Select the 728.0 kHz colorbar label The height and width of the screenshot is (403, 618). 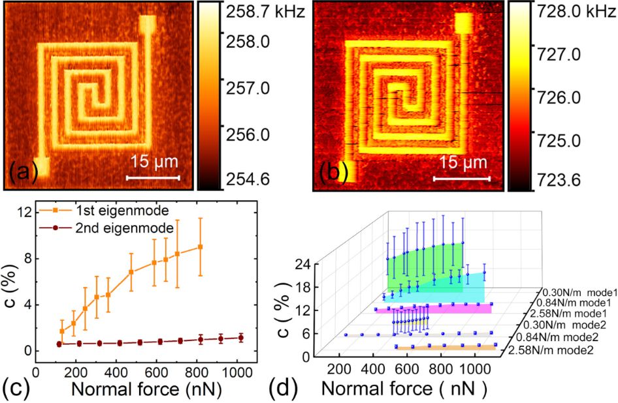577,12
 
